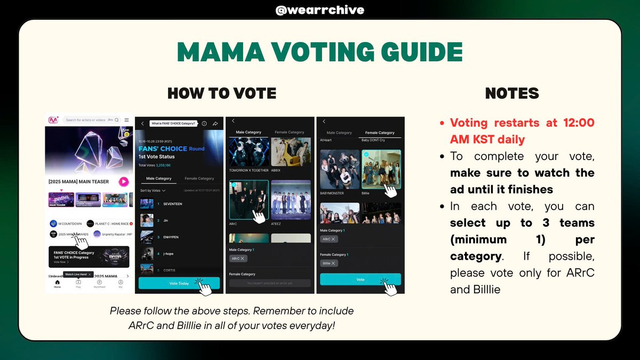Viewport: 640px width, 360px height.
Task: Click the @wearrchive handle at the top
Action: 319,10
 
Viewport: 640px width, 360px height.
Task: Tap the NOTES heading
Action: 512,94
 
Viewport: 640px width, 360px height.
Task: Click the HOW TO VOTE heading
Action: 222,94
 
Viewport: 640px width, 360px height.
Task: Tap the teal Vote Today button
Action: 179,283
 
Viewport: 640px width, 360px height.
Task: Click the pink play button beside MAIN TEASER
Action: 124,182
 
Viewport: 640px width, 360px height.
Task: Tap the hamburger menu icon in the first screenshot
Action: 126,120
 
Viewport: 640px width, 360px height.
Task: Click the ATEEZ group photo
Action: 291,199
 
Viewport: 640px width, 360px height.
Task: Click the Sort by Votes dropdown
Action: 153,190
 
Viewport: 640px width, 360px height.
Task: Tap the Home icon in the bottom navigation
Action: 57,283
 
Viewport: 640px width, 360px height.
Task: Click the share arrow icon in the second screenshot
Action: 215,123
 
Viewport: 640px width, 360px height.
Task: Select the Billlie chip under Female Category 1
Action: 330,263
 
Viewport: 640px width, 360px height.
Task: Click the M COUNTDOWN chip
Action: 67,223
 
